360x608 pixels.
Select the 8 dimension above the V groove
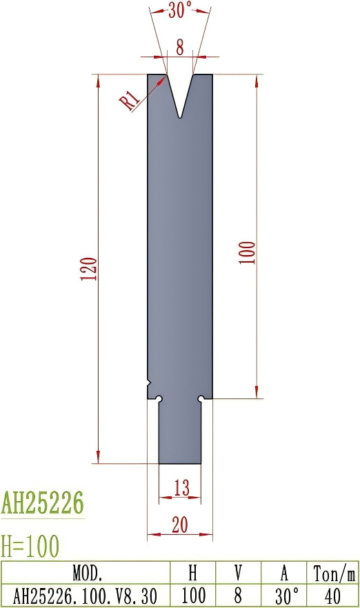[x=180, y=47]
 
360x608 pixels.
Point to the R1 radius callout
[x=130, y=101]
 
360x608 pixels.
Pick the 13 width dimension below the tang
[x=181, y=488]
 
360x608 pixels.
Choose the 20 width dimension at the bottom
[x=179, y=525]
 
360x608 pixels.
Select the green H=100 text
[x=30, y=547]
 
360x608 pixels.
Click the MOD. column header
[x=87, y=572]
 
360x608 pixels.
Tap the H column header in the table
[x=194, y=572]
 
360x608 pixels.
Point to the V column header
[x=238, y=572]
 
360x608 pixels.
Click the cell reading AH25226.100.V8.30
[x=86, y=594]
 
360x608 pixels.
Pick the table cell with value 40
[x=332, y=594]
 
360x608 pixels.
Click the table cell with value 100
[x=194, y=594]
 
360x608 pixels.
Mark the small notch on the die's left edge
[x=149, y=381]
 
